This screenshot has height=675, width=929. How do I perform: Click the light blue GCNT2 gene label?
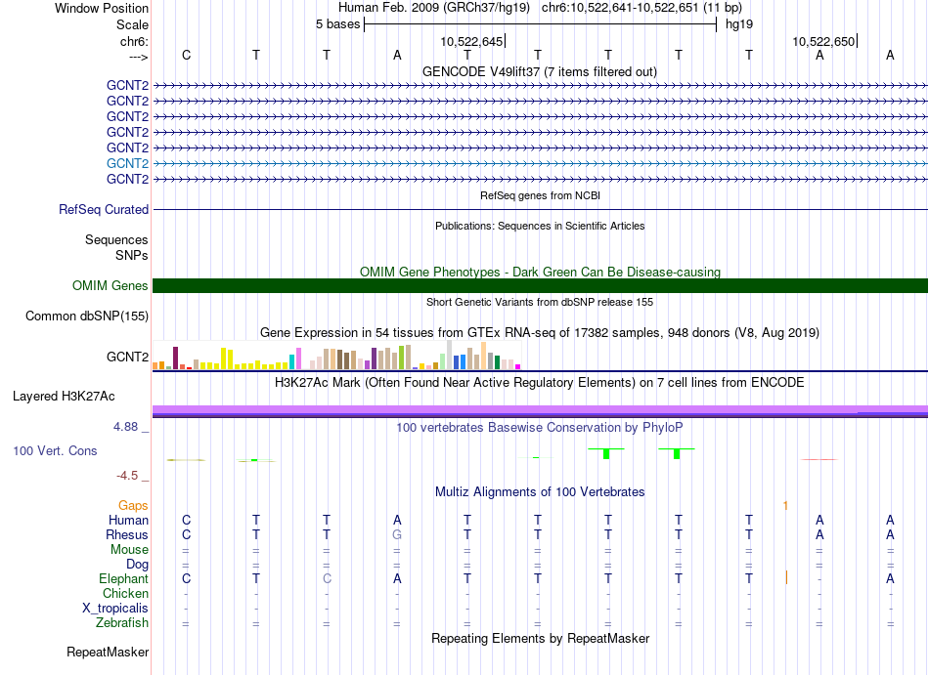click(127, 163)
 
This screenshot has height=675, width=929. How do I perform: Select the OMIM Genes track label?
click(111, 286)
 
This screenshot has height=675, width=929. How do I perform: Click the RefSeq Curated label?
click(104, 209)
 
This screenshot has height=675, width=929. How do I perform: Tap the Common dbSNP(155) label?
click(87, 316)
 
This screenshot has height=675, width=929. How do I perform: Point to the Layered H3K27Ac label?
click(64, 397)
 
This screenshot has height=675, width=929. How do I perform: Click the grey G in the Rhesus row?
click(397, 534)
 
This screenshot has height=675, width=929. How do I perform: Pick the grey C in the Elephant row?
click(327, 578)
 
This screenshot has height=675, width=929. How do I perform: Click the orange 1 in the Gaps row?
click(785, 506)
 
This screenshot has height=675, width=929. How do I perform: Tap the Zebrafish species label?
click(122, 622)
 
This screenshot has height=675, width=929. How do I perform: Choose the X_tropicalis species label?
click(115, 609)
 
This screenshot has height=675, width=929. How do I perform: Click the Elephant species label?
click(124, 578)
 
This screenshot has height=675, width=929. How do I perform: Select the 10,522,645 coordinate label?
click(471, 41)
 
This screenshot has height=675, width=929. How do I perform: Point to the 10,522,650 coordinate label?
click(823, 41)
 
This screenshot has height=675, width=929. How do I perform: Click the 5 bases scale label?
click(337, 24)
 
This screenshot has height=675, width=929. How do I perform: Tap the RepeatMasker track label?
click(108, 652)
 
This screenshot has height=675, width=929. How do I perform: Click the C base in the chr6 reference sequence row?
click(186, 55)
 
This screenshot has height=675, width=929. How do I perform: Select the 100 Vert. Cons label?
click(55, 450)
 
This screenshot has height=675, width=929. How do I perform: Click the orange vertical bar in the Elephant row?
click(786, 577)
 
